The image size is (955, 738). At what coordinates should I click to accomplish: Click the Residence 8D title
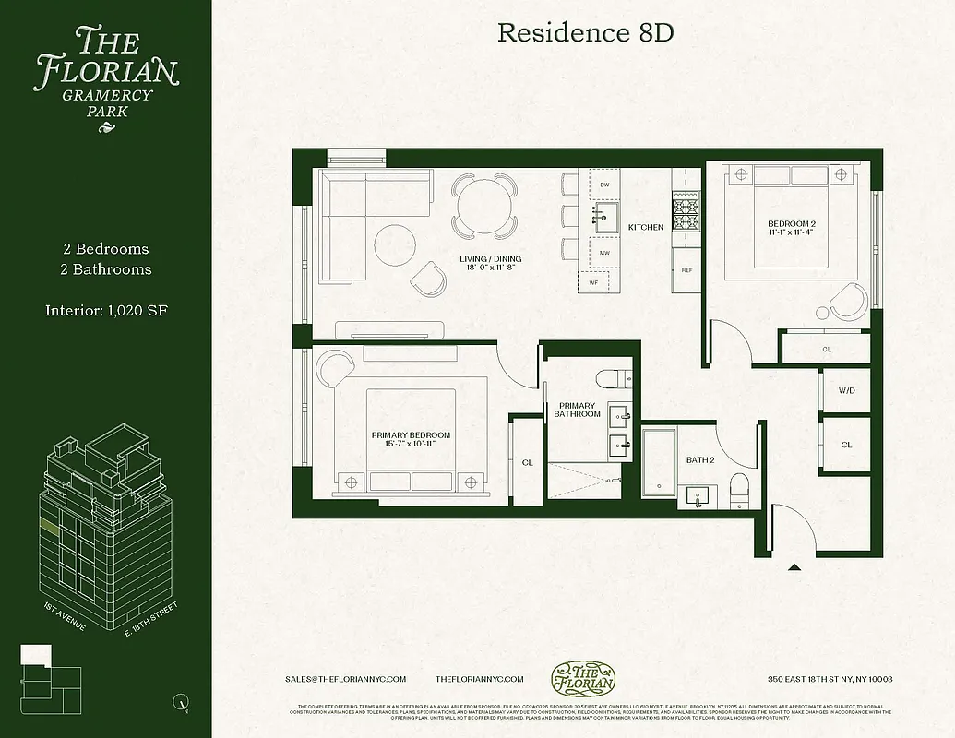tap(585, 33)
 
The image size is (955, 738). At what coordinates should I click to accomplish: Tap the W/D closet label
tap(846, 391)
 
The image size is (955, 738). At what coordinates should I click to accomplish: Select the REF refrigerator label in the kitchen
tap(686, 270)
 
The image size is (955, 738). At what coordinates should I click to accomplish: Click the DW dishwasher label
tap(604, 185)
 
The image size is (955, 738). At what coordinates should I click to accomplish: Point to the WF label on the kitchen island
tap(593, 282)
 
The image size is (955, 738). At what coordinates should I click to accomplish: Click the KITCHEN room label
tap(646, 227)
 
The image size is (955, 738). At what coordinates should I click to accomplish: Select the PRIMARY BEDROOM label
tap(411, 439)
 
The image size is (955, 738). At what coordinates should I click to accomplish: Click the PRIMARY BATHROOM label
tap(578, 411)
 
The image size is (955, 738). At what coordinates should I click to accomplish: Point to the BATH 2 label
tap(699, 459)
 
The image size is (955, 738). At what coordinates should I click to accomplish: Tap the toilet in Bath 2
tap(740, 490)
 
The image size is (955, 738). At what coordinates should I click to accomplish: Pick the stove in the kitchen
tap(686, 214)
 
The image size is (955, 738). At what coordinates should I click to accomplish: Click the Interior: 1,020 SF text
tap(106, 310)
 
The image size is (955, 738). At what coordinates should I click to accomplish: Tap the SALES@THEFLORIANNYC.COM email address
tap(346, 679)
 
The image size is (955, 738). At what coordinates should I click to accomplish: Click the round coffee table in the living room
tap(395, 245)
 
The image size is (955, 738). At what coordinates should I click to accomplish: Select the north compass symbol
tap(181, 704)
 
